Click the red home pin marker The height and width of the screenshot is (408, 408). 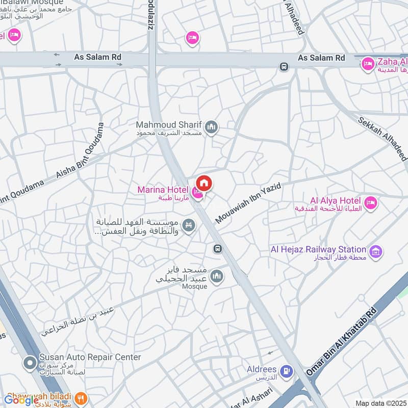point(204,183)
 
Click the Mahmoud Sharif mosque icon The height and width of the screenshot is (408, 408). point(211,127)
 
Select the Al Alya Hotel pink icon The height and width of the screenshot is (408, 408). point(370,202)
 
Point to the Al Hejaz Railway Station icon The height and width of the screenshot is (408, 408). point(375,251)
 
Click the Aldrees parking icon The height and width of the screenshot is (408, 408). point(287,371)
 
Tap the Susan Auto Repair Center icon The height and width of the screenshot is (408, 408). point(30,363)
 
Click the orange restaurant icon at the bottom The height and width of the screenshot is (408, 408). point(80,397)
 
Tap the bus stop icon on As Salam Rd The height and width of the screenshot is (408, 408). point(283,66)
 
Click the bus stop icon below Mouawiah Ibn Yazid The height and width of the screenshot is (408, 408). point(217,248)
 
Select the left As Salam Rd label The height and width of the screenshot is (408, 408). point(98,58)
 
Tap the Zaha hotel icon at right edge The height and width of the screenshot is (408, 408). point(367,64)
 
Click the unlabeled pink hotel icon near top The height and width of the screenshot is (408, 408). point(192,37)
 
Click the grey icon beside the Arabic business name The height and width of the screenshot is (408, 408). point(189,225)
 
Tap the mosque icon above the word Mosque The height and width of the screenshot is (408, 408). point(217,275)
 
